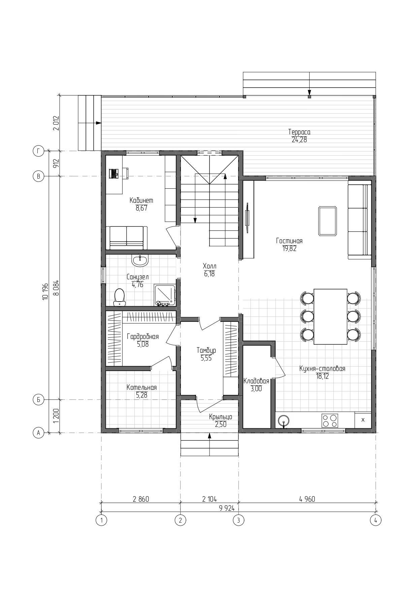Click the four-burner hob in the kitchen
(330, 421)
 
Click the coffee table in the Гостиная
(327, 221)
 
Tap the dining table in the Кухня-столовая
(330, 316)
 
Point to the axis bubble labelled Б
(38, 400)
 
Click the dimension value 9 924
(226, 508)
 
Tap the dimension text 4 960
(307, 499)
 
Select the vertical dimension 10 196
(46, 292)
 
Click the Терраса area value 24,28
(299, 140)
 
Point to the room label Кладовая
(256, 381)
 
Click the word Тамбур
(206, 350)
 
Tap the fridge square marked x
(363, 420)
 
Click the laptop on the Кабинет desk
(114, 173)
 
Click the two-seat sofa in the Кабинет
(127, 238)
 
